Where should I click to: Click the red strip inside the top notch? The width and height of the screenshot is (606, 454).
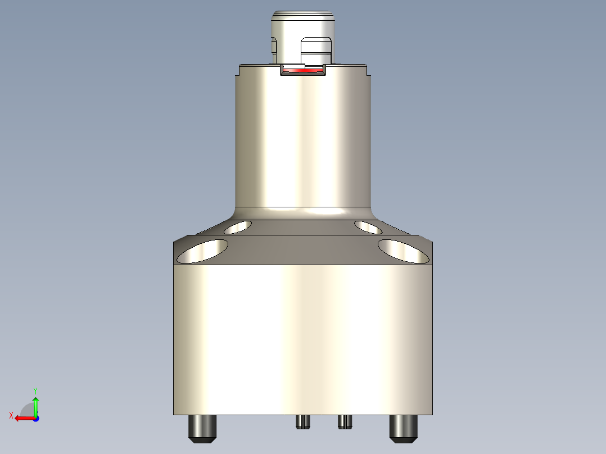[x=304, y=71]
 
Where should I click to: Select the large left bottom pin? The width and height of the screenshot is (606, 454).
[x=202, y=428]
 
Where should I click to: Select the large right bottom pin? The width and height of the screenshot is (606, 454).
[x=404, y=428]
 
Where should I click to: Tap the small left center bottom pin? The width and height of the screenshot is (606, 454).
[x=303, y=421]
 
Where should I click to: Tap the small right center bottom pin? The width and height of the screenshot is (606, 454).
[x=345, y=421]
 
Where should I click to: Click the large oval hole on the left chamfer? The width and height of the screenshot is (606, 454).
[x=202, y=251]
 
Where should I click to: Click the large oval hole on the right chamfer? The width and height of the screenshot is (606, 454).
[x=404, y=251]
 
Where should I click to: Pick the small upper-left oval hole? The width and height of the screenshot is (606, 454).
[x=238, y=227]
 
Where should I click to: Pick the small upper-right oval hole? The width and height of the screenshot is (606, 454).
[x=369, y=227]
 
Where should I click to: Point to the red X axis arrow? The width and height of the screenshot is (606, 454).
[x=22, y=418]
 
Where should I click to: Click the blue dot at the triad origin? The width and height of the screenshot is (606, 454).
[x=35, y=418]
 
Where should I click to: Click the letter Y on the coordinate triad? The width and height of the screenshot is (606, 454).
[x=35, y=389]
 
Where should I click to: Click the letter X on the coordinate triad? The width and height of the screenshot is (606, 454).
[x=11, y=415]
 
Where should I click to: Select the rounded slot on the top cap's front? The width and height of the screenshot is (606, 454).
[x=316, y=51]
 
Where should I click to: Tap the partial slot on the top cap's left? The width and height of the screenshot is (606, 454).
[x=274, y=47]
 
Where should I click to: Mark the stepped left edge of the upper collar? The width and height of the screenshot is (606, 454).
[x=237, y=71]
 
